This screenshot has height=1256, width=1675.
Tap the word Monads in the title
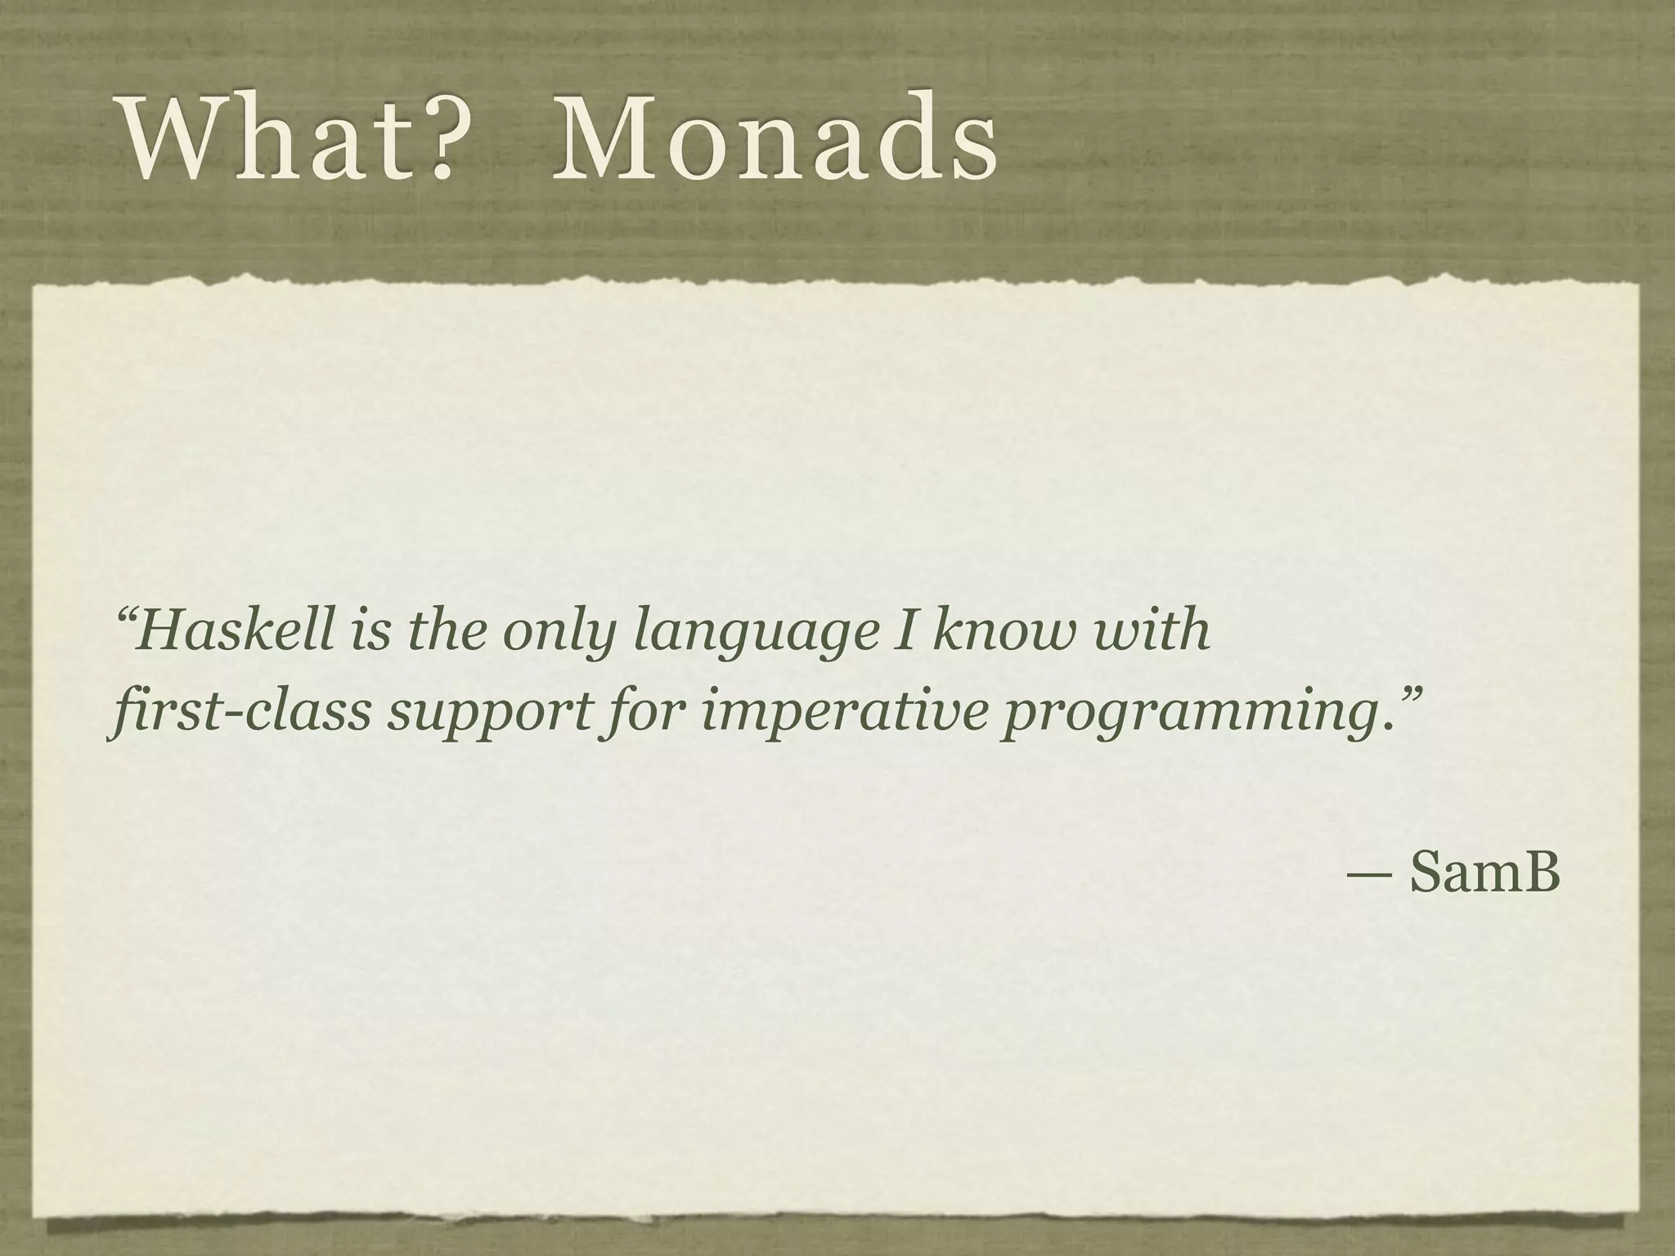(774, 138)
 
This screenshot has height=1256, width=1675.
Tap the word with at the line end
(1152, 631)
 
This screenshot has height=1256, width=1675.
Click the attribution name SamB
(1484, 873)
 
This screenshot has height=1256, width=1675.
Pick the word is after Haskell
(370, 631)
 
